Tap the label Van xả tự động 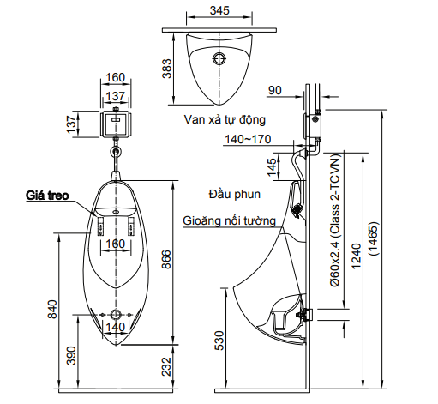click(225, 120)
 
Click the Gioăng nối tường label click(229, 220)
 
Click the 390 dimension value click(72, 353)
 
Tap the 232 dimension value click(169, 366)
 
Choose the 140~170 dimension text click(248, 139)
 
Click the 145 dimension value click(272, 166)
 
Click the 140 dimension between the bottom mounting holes click(115, 326)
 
